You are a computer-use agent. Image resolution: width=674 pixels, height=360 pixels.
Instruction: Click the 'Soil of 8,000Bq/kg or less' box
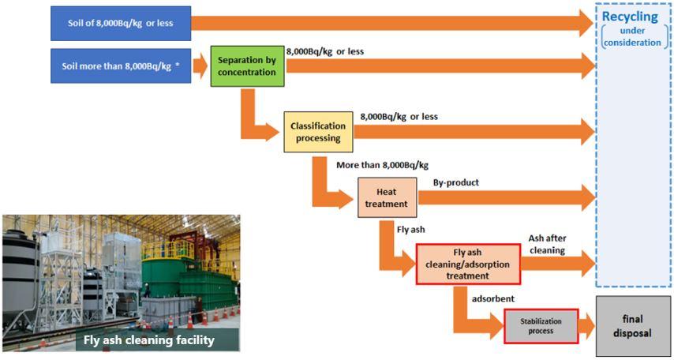click(x=120, y=24)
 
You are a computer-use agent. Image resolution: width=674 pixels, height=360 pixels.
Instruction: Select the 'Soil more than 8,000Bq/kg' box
click(x=120, y=66)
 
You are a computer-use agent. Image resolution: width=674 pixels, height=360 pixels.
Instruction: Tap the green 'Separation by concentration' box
click(x=247, y=66)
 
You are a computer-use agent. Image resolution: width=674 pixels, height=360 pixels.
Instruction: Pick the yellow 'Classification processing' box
click(x=318, y=132)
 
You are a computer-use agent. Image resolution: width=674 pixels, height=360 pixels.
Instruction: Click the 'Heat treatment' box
click(x=387, y=197)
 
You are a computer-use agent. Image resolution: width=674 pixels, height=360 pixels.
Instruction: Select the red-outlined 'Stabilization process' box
click(x=541, y=325)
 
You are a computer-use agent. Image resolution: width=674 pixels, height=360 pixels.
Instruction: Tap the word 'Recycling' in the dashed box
click(x=630, y=17)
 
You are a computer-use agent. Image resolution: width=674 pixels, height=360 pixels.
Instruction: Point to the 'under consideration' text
click(x=631, y=37)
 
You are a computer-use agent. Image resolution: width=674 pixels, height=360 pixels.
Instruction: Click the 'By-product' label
click(x=455, y=182)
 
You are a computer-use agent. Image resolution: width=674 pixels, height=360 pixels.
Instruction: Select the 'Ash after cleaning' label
click(x=552, y=244)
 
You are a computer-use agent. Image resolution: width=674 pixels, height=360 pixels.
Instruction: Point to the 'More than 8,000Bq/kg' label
click(x=382, y=165)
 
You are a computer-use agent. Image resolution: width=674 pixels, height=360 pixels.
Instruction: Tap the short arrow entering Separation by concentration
click(x=200, y=66)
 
